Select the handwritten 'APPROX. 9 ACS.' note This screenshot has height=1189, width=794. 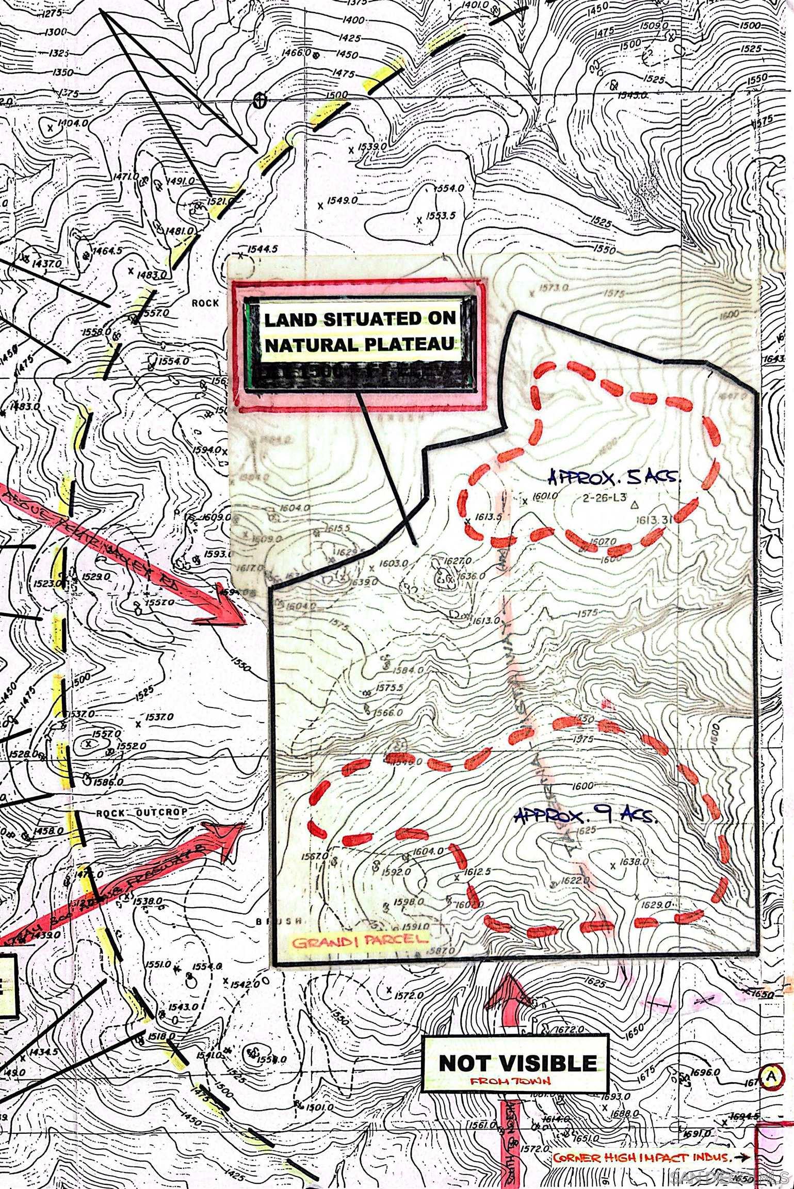pos(586,816)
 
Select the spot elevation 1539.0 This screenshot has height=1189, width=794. pos(372,147)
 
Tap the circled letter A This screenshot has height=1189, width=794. pos(771,1076)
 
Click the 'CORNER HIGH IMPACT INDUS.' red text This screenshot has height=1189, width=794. pos(642,1168)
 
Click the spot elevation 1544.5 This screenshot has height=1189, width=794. pos(262,249)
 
